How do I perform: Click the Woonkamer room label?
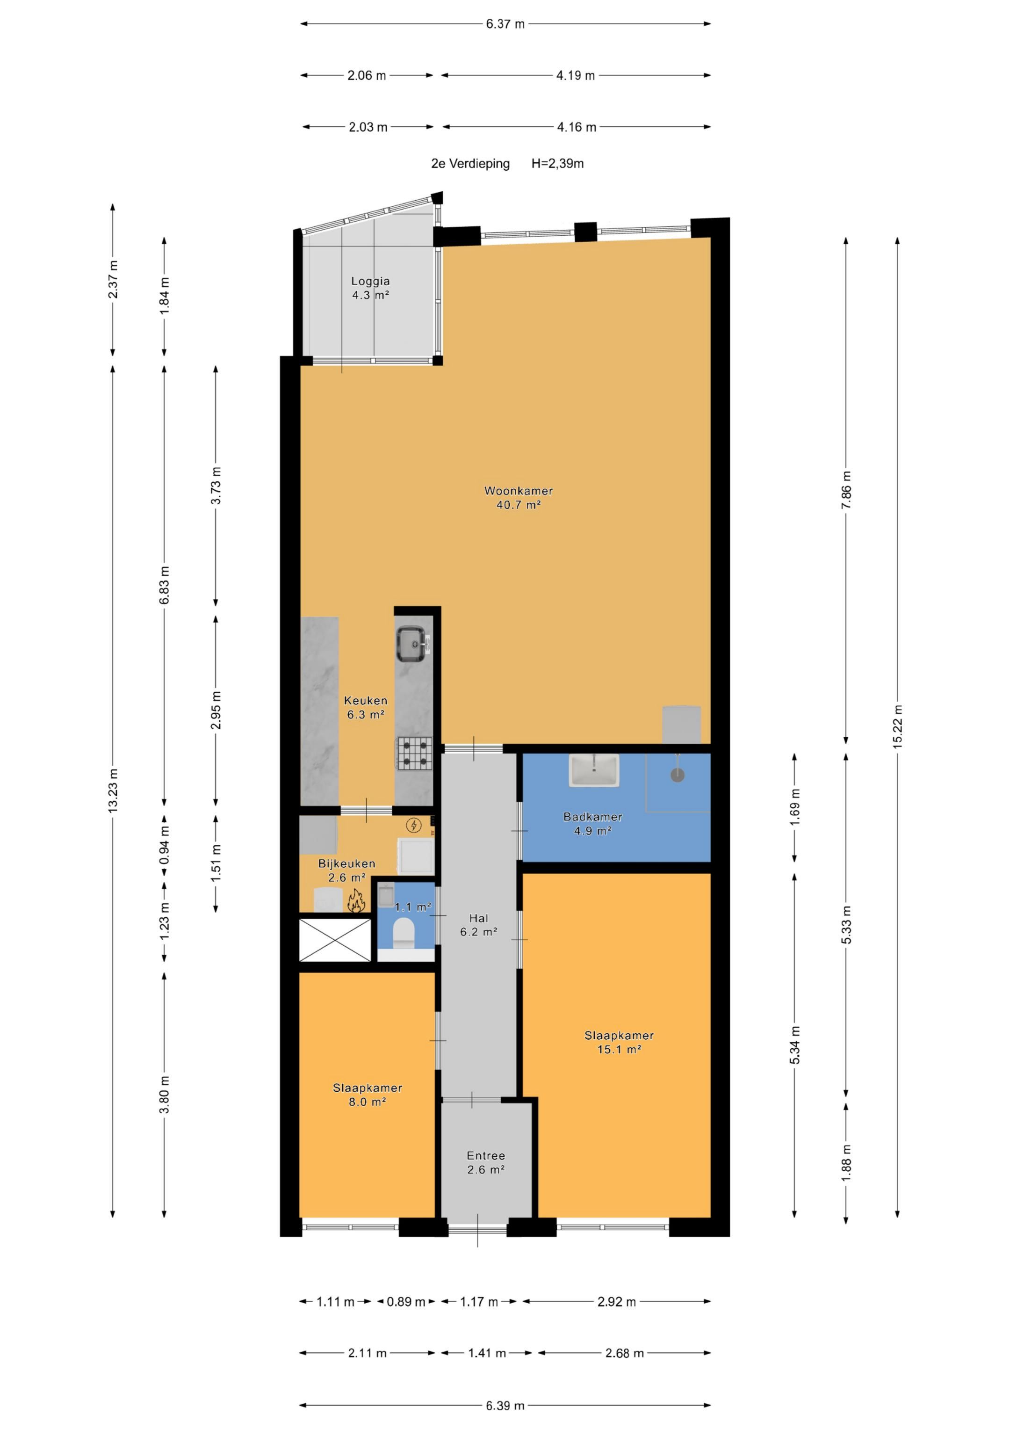click(519, 490)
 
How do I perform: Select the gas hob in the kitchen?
click(414, 753)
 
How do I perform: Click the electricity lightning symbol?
click(413, 825)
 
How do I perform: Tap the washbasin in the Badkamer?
click(594, 770)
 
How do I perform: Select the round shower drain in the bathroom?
click(677, 775)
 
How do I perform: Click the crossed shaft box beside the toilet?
click(335, 940)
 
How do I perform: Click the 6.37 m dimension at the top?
click(505, 24)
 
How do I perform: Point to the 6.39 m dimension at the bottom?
click(505, 1405)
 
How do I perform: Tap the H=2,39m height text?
click(557, 164)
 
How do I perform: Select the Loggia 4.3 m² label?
click(370, 288)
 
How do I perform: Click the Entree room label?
click(486, 1156)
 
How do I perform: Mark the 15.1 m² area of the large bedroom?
click(619, 1049)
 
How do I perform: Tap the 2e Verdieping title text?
click(470, 164)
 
